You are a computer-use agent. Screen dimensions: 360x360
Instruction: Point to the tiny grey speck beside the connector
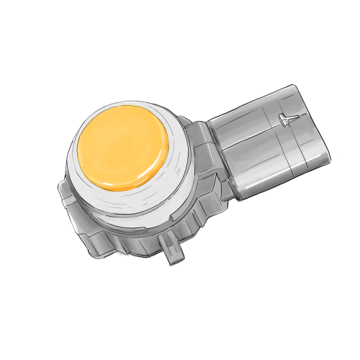pyautogui.click(x=333, y=150)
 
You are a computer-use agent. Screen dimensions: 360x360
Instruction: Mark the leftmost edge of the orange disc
pyautogui.click(x=77, y=151)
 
